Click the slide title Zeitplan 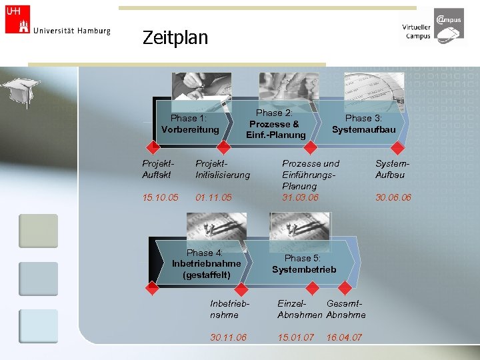[x=175, y=37]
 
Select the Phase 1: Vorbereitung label [x=189, y=123]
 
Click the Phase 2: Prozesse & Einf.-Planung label [x=275, y=124]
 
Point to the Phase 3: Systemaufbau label [x=363, y=123]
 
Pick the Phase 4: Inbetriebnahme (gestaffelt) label [x=206, y=264]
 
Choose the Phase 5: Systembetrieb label [x=303, y=263]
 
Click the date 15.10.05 [x=160, y=197]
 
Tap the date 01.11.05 [x=213, y=197]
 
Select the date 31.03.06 [x=300, y=197]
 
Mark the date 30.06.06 [x=393, y=197]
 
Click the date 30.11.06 [x=228, y=337]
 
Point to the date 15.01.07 [x=295, y=337]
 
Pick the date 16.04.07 [x=344, y=337]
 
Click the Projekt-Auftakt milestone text [x=157, y=169]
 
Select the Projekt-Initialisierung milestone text [x=222, y=169]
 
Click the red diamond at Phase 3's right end [x=397, y=147]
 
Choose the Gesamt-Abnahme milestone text [x=346, y=309]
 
